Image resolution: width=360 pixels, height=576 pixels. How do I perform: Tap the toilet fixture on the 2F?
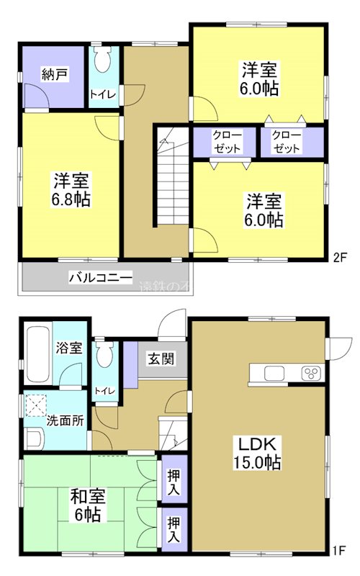(x=102, y=60)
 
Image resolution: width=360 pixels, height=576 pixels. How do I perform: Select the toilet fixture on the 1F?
(x=105, y=354)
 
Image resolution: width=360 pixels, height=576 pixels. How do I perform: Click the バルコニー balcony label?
(x=100, y=276)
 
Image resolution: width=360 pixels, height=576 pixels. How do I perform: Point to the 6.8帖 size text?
(x=70, y=200)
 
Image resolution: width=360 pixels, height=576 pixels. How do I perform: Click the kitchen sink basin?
(x=274, y=373)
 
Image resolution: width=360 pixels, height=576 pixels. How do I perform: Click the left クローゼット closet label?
(x=226, y=142)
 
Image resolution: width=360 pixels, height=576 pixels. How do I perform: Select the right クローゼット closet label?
(x=287, y=142)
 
